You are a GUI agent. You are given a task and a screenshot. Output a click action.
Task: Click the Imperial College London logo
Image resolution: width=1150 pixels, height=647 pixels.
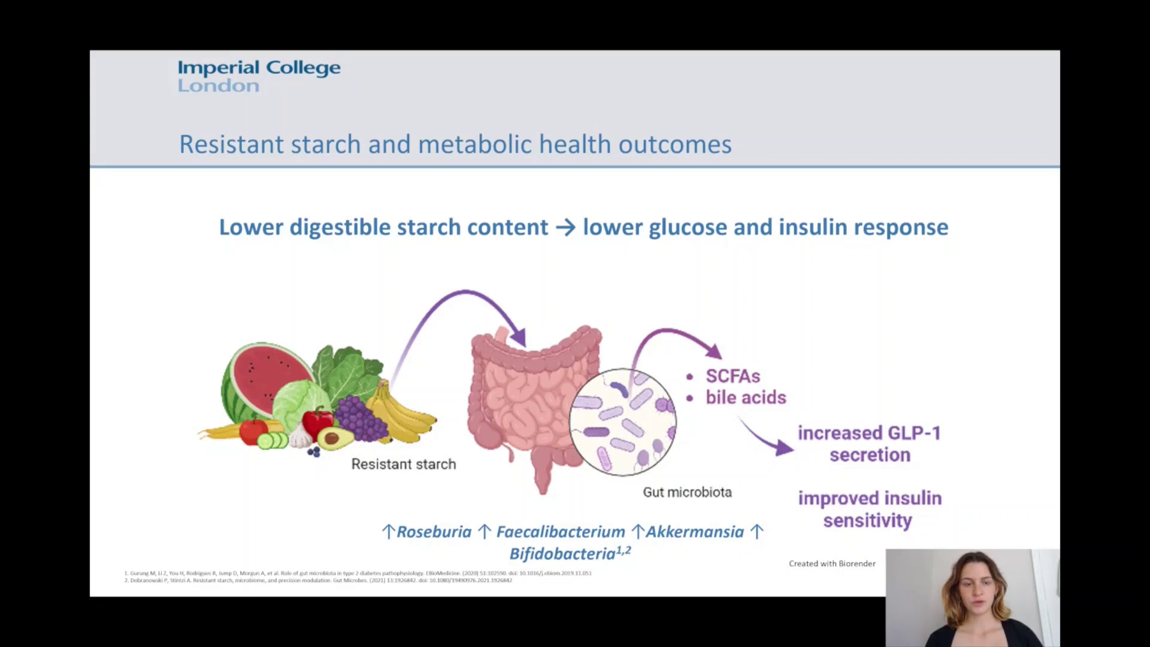[x=259, y=76]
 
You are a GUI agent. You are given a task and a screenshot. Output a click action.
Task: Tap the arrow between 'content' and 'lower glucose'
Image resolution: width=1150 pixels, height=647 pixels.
[x=565, y=228]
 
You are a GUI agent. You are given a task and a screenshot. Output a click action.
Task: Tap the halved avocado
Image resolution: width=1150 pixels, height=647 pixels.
[x=335, y=438]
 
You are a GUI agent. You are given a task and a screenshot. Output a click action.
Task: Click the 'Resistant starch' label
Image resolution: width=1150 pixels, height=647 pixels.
[x=403, y=464]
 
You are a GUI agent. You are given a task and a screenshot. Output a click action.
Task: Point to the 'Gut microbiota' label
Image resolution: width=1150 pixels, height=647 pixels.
[x=687, y=492]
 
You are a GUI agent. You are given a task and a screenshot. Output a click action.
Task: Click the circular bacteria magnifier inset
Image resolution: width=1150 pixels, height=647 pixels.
[x=623, y=422]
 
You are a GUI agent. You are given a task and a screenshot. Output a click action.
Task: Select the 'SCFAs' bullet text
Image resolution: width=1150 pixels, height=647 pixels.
[x=732, y=376]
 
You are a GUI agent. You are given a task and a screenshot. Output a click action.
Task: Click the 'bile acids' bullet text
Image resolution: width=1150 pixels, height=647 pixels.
[x=745, y=397]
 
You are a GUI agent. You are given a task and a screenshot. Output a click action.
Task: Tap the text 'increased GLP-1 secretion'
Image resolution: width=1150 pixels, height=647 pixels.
[x=869, y=444]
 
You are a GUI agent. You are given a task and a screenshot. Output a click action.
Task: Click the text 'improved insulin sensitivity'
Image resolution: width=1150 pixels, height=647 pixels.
[x=869, y=509]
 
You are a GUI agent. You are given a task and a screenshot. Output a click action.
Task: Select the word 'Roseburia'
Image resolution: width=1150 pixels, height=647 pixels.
[x=434, y=532]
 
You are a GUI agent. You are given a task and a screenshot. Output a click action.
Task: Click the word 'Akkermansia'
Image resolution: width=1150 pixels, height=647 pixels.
[x=694, y=532]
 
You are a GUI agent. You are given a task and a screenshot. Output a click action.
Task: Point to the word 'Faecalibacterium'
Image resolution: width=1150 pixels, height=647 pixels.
[x=561, y=532]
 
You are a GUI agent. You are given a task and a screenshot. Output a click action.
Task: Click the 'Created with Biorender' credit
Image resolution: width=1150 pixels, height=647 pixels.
[x=832, y=564]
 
